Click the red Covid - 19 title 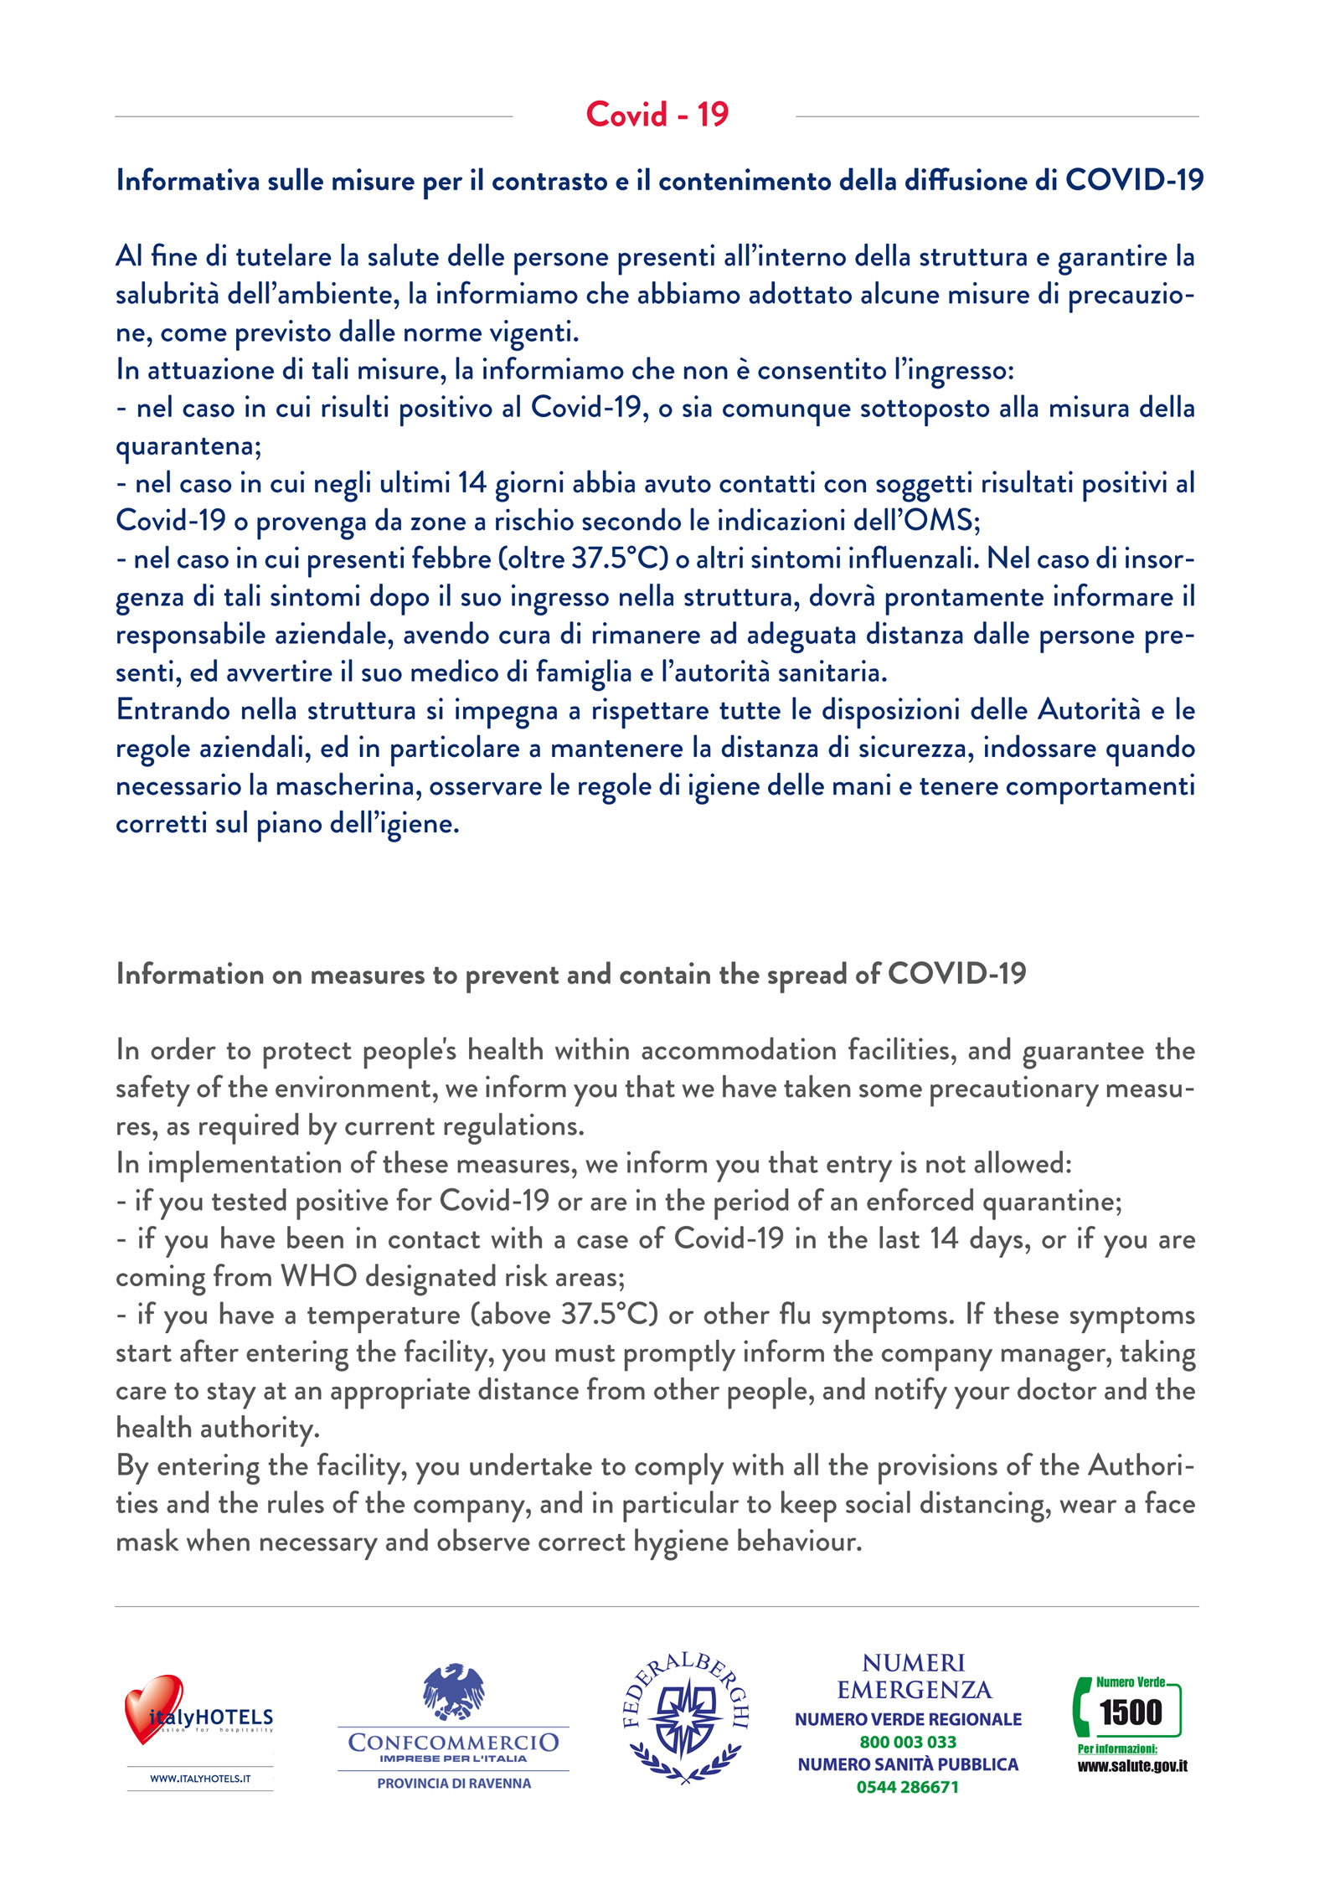click(657, 115)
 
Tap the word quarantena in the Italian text click(187, 445)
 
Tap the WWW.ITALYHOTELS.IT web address click(200, 1778)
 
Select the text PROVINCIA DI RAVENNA click(453, 1783)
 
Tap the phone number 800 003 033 click(908, 1742)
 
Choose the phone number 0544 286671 click(907, 1787)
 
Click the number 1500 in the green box click(1130, 1712)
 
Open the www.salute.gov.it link click(1131, 1766)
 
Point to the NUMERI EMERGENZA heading click(914, 1676)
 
